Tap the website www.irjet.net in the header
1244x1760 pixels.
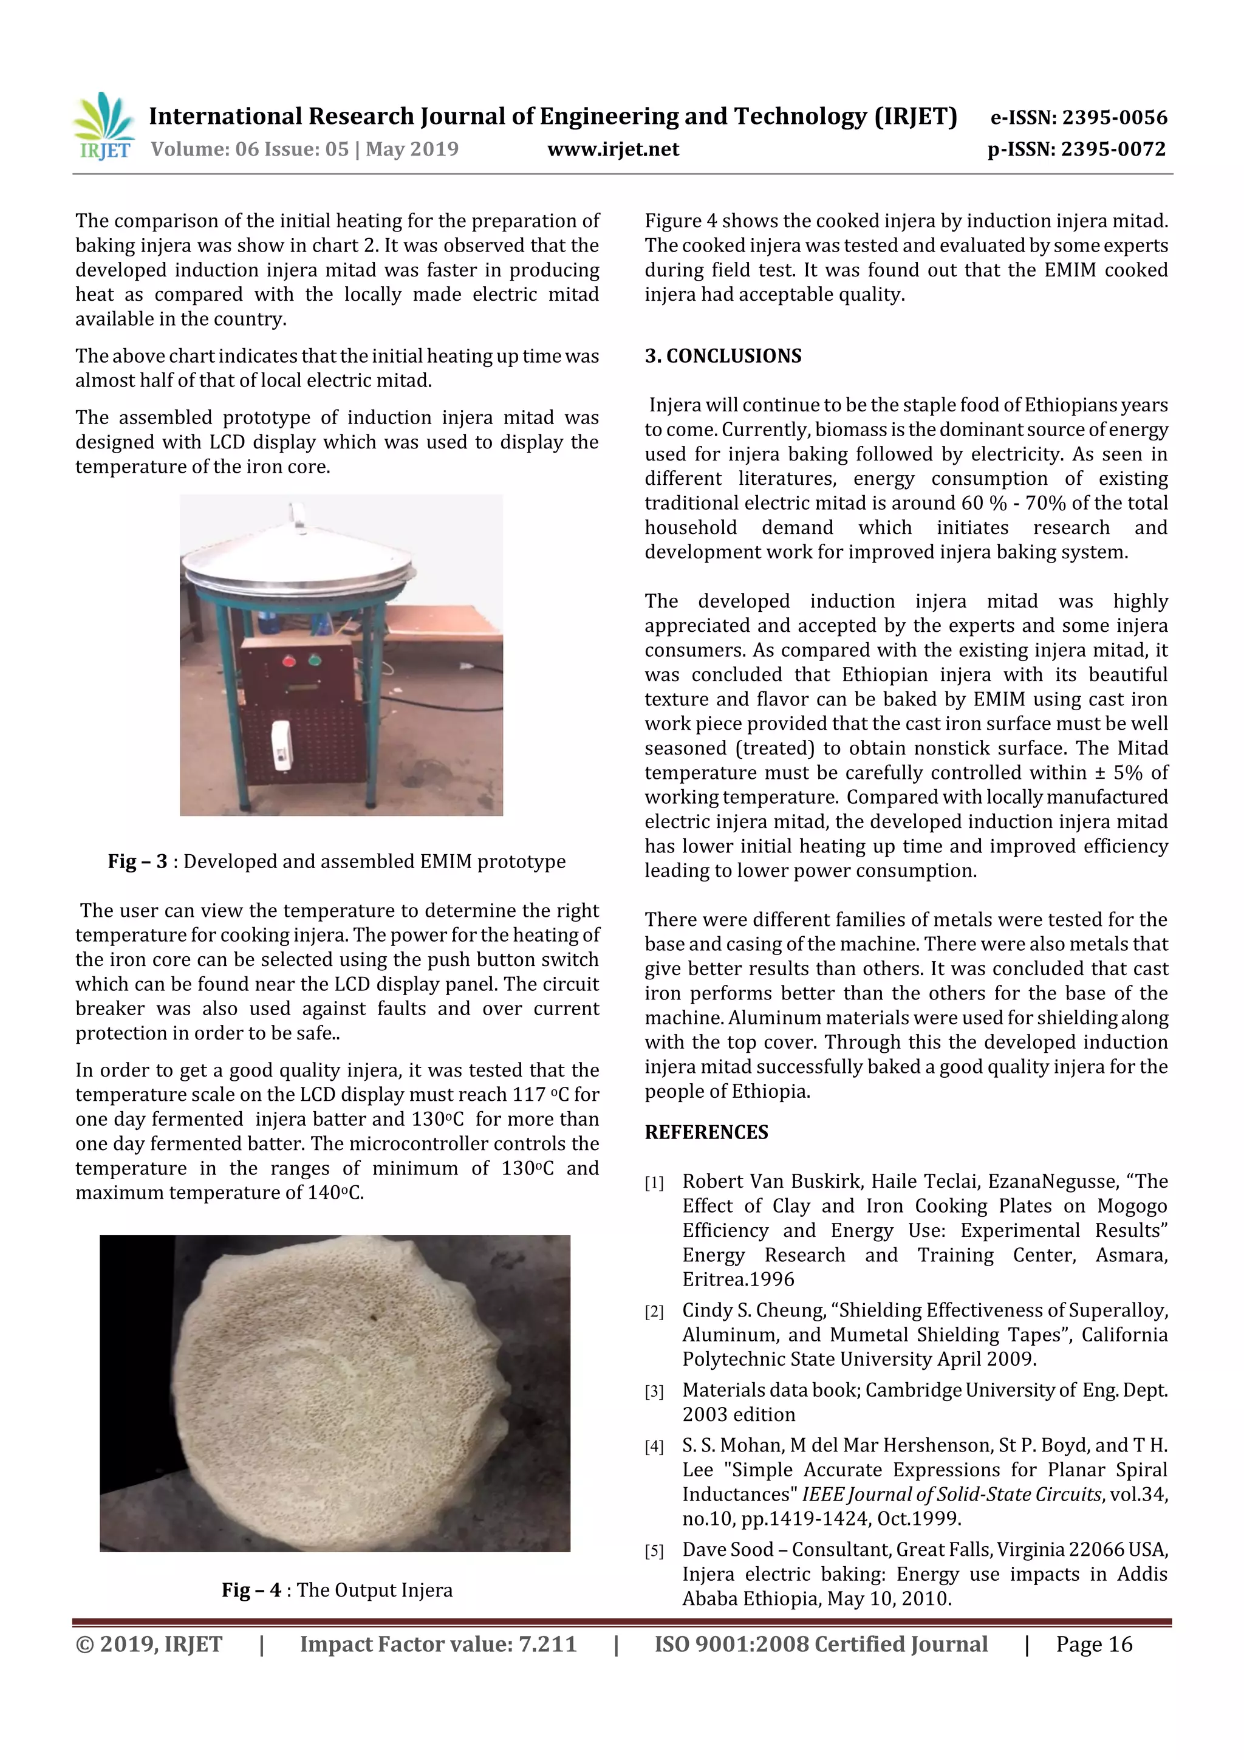(612, 149)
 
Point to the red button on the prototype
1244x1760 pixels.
(290, 659)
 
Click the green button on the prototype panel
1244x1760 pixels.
(314, 659)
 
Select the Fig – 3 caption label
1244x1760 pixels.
(137, 861)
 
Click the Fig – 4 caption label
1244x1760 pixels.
(251, 1590)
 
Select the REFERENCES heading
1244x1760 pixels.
(706, 1132)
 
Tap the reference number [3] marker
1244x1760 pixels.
(654, 1391)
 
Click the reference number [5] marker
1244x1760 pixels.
(654, 1552)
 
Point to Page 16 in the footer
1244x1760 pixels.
(1094, 1644)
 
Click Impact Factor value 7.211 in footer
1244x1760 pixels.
(438, 1644)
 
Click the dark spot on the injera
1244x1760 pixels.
(374, 1318)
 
